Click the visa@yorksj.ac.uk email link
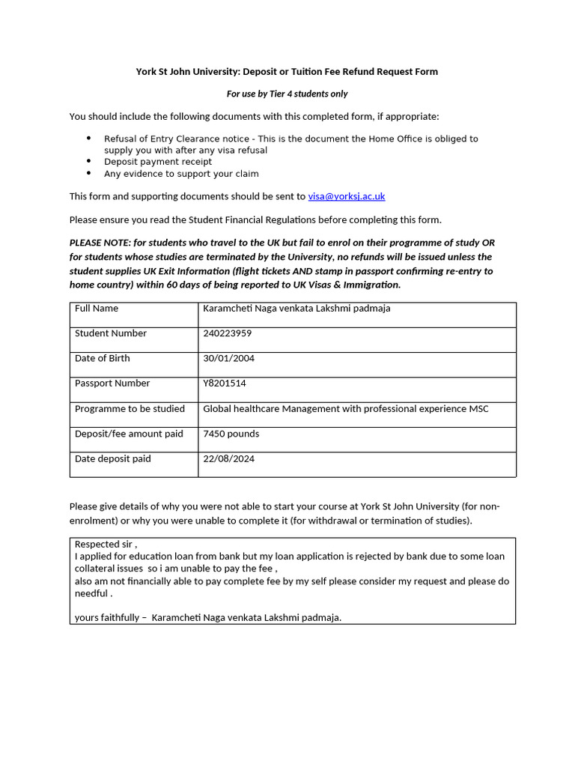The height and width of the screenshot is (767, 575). (x=346, y=196)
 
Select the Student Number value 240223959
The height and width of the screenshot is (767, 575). (x=228, y=333)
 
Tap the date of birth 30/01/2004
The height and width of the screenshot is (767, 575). (x=228, y=358)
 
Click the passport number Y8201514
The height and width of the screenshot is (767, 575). (x=224, y=383)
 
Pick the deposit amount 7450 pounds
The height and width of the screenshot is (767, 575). (x=231, y=434)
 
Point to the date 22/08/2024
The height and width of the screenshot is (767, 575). (x=228, y=458)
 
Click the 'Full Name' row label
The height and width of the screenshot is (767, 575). (x=96, y=308)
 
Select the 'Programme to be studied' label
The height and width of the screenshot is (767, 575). (x=130, y=408)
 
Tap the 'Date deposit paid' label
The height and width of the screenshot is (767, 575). (x=112, y=458)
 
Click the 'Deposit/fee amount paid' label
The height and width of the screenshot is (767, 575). (x=129, y=434)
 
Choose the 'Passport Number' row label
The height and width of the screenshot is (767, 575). (x=112, y=383)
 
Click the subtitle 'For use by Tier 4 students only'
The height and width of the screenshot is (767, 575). (x=287, y=94)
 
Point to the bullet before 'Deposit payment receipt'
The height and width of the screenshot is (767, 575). (x=88, y=162)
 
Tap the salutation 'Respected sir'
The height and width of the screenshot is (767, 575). (x=106, y=544)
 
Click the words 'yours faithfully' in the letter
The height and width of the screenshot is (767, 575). (x=106, y=617)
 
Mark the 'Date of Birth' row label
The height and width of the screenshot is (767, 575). (x=102, y=358)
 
